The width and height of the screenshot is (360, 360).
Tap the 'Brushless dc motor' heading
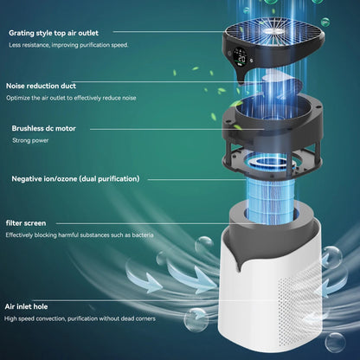44,128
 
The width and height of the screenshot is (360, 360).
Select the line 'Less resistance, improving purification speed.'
68,44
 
